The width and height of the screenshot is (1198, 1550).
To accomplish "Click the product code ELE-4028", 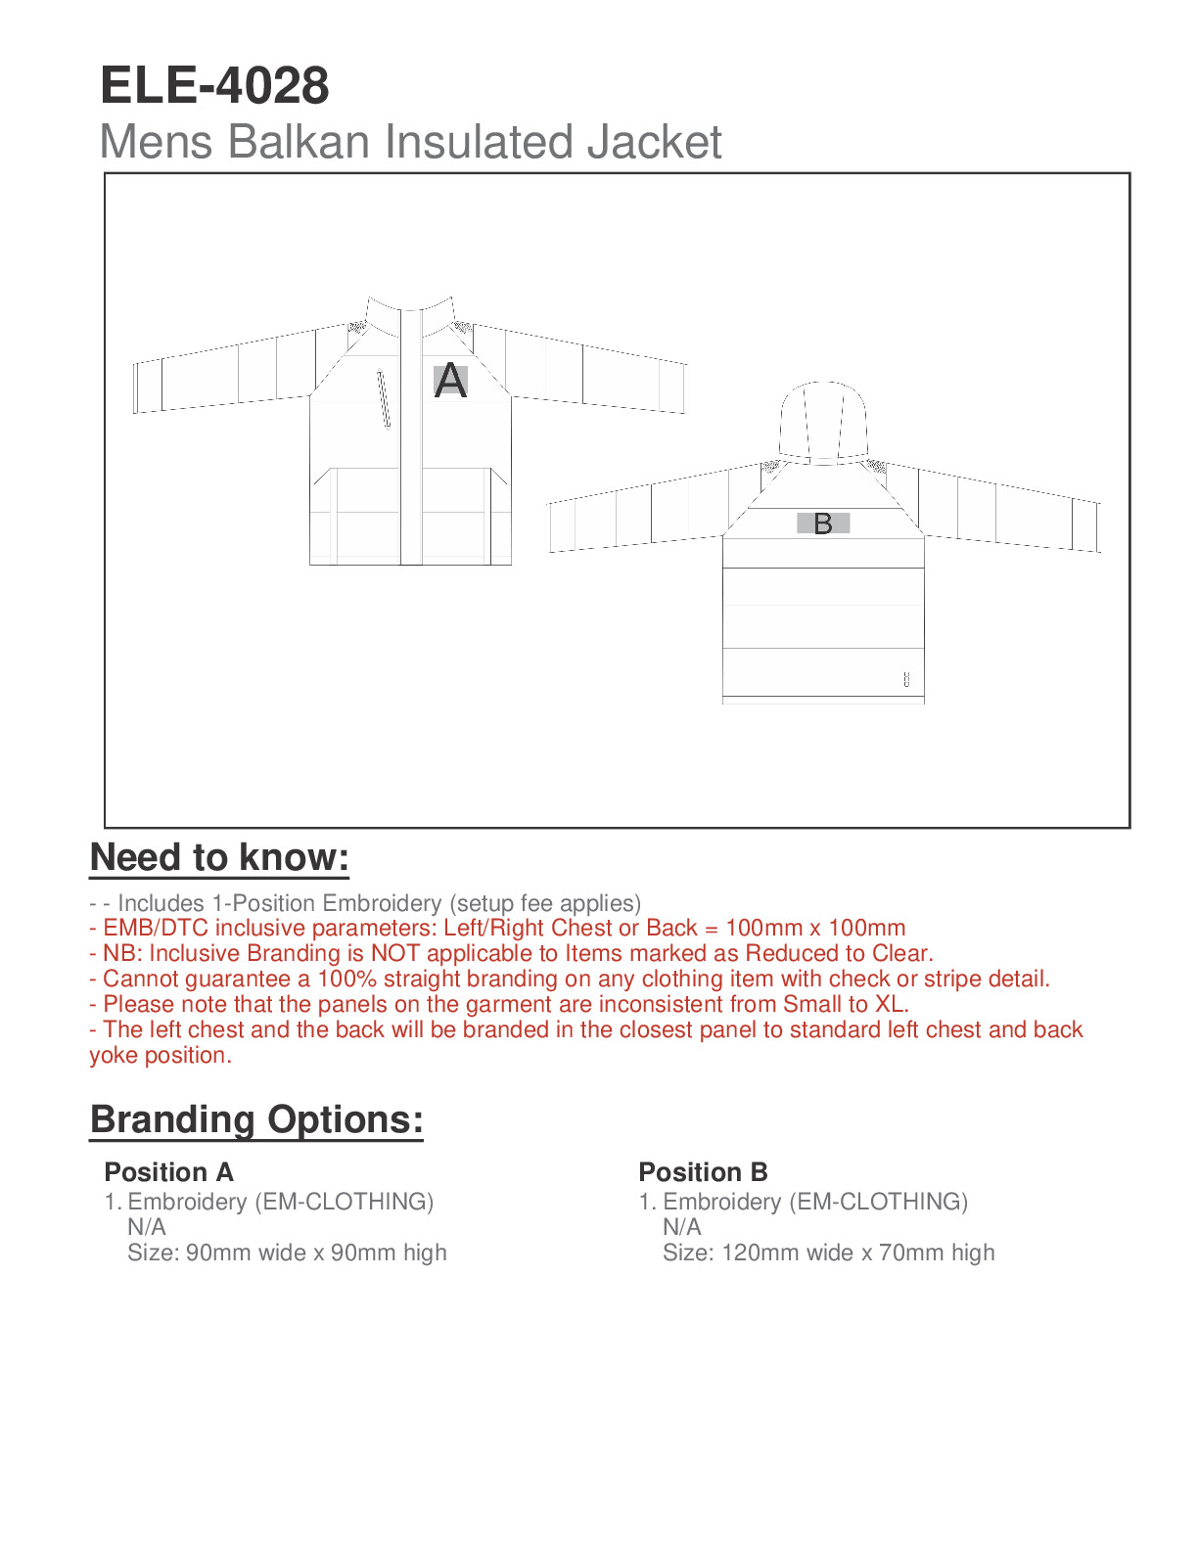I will click(x=214, y=86).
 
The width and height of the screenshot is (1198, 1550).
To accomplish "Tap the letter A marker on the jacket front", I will click(x=450, y=380).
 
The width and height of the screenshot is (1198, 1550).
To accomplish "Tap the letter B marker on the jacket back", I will click(x=823, y=524).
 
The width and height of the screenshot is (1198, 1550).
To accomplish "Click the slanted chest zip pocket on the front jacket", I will click(x=384, y=398).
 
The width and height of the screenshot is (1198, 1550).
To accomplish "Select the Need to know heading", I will click(x=219, y=857).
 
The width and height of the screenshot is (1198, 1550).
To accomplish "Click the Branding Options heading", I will click(x=256, y=1119).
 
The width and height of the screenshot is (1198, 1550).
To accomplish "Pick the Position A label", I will click(x=168, y=1172).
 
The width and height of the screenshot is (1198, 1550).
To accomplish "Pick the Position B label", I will click(x=703, y=1172).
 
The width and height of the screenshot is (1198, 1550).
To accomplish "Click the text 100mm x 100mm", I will click(x=815, y=928).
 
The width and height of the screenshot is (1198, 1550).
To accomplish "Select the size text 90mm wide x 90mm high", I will click(x=316, y=1253).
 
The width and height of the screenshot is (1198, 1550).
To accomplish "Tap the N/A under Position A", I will click(x=147, y=1227).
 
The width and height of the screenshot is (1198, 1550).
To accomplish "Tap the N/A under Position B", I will click(x=681, y=1227).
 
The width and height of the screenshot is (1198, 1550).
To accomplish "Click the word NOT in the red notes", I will click(x=395, y=953).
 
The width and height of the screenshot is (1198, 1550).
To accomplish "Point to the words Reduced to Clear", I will click(x=838, y=953).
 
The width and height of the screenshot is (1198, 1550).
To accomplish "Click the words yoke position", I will click(x=161, y=1055).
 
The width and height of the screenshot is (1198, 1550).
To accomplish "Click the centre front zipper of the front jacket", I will click(x=411, y=440).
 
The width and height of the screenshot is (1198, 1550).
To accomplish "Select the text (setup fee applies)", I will click(x=545, y=902).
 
